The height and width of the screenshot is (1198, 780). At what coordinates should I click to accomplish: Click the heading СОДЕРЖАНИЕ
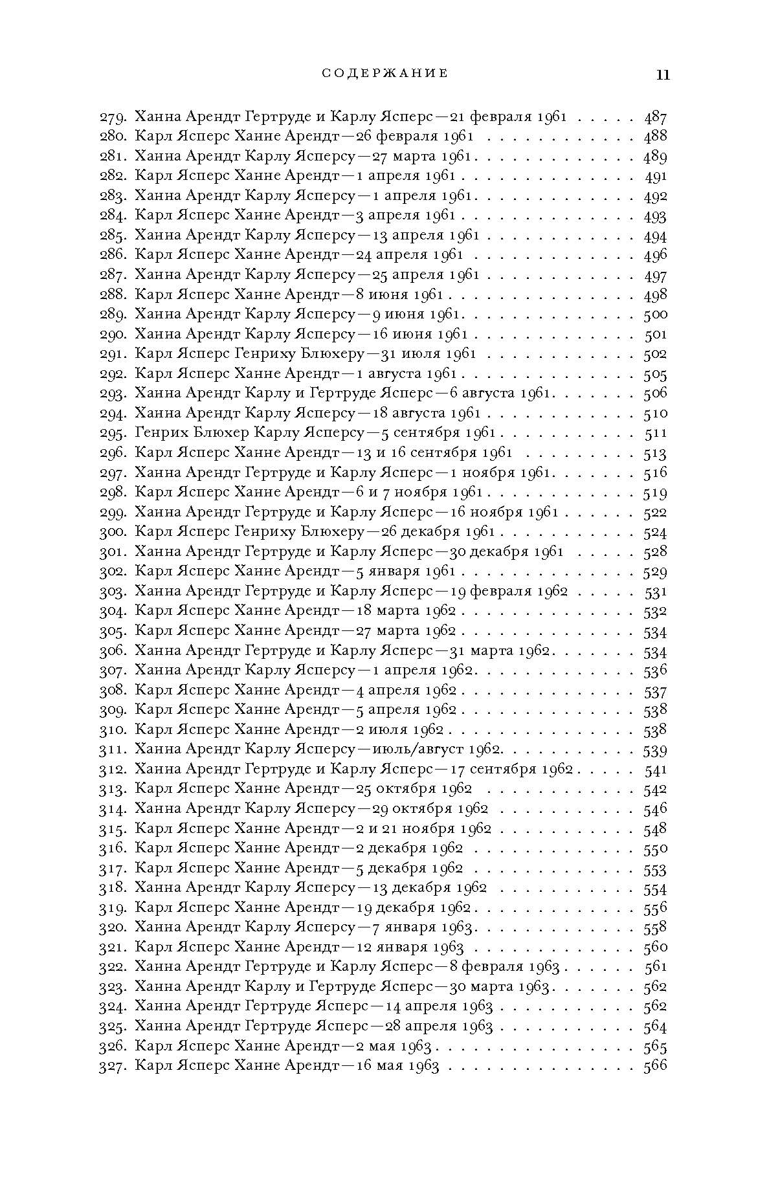(x=385, y=73)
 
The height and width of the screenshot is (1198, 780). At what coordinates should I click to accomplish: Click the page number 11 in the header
(x=663, y=74)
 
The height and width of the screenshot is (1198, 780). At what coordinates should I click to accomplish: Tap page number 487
(x=655, y=117)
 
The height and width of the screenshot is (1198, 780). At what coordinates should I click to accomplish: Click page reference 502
(x=655, y=354)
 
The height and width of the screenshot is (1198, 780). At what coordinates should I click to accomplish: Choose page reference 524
(x=655, y=532)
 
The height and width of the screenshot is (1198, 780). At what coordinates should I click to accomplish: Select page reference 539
(x=655, y=749)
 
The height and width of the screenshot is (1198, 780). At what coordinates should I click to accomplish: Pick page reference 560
(x=655, y=947)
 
